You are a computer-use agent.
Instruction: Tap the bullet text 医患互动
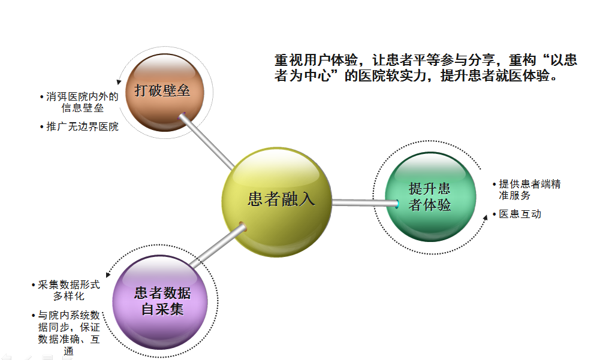click(x=520, y=214)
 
